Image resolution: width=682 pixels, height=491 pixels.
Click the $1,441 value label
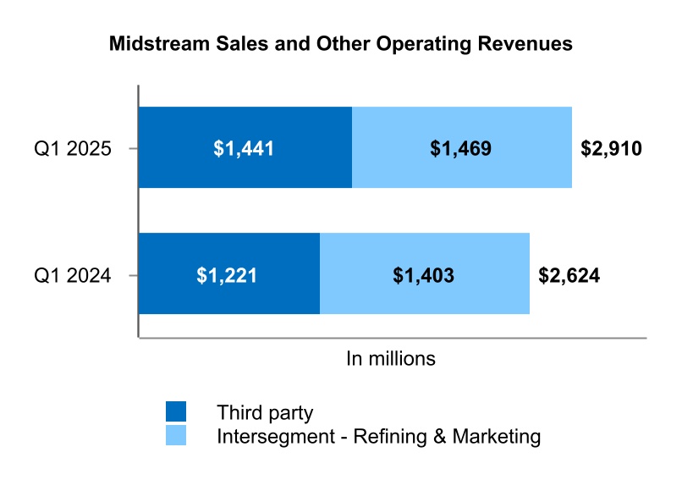pyautogui.click(x=244, y=149)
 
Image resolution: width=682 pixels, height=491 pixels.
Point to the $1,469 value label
pyautogui.click(x=460, y=149)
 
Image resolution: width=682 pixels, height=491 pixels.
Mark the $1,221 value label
pyautogui.click(x=227, y=275)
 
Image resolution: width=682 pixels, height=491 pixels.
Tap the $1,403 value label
pyautogui.click(x=424, y=275)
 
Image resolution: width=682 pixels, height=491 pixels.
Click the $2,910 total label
pyautogui.click(x=611, y=149)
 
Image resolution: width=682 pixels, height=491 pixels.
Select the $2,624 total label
pyautogui.click(x=569, y=275)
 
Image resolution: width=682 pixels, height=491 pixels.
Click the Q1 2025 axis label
pyautogui.click(x=73, y=149)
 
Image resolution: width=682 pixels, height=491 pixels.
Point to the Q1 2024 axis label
pyautogui.click(x=73, y=275)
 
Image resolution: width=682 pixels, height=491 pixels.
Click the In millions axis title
pyautogui.click(x=391, y=359)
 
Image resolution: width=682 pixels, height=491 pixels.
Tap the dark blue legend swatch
pyautogui.click(x=176, y=411)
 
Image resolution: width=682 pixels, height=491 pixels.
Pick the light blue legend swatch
pyautogui.click(x=176, y=436)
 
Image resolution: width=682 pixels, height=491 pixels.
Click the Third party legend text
pyautogui.click(x=265, y=413)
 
